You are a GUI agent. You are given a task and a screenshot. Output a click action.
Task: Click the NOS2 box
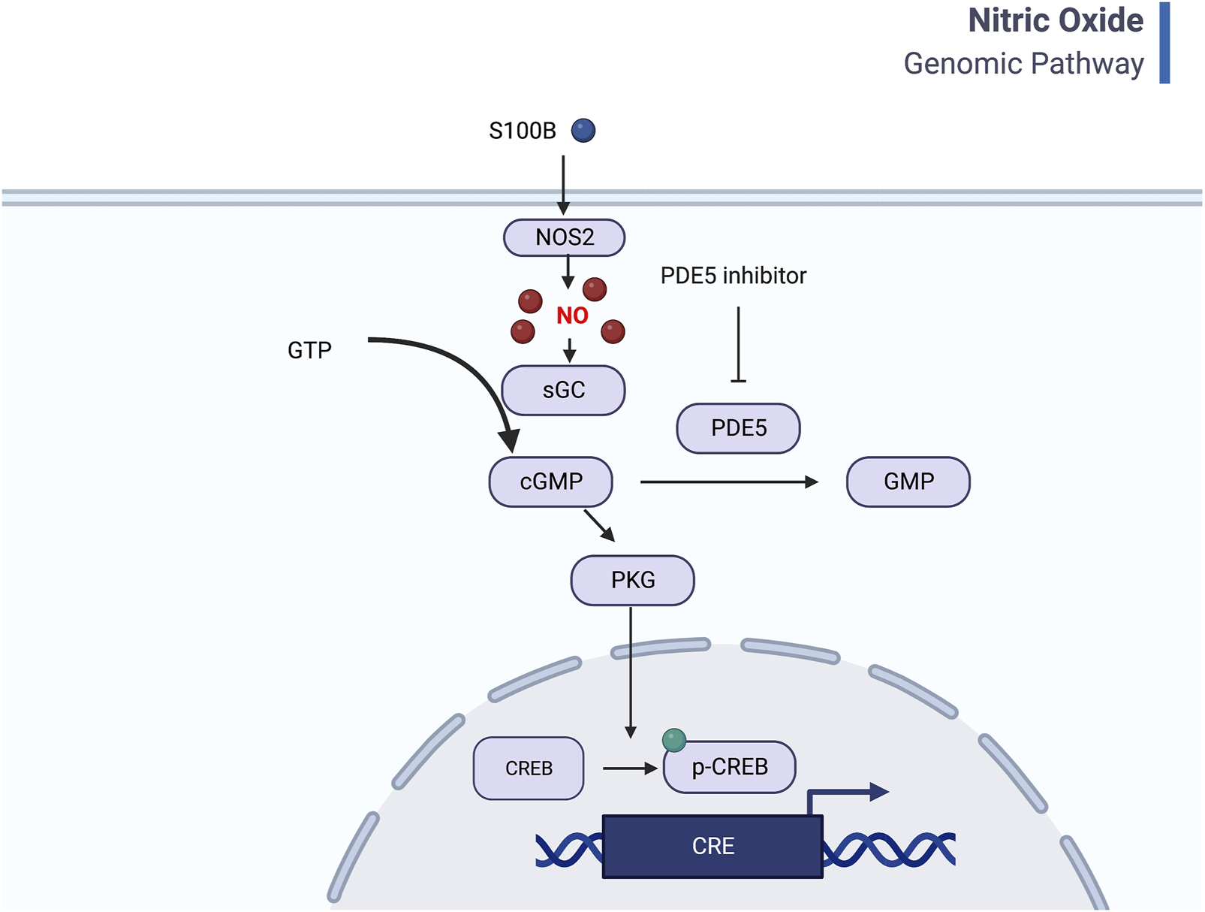pyautogui.click(x=564, y=237)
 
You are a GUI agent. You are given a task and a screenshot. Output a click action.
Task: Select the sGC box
pyautogui.click(x=563, y=390)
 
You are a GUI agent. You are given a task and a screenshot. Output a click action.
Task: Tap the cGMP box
pyautogui.click(x=550, y=482)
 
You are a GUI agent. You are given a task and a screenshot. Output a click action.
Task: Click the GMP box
pyautogui.click(x=908, y=482)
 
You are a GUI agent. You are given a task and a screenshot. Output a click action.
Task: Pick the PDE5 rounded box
pyautogui.click(x=738, y=428)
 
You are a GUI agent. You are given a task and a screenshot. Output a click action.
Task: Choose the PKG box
pyautogui.click(x=632, y=580)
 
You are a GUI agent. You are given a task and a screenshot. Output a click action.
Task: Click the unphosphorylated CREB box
pyautogui.click(x=529, y=768)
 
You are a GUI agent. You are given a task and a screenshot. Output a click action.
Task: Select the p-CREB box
pyautogui.click(x=730, y=767)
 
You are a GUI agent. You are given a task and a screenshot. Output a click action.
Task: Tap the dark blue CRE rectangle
pyautogui.click(x=712, y=846)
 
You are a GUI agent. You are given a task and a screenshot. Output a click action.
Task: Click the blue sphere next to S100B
pyautogui.click(x=583, y=131)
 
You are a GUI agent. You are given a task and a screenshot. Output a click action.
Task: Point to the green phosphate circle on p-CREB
pyautogui.click(x=673, y=740)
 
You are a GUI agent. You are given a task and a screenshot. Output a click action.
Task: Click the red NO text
pyautogui.click(x=572, y=316)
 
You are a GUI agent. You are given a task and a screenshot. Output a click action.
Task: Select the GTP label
pyautogui.click(x=309, y=350)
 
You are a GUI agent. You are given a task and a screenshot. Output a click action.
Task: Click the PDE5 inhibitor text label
pyautogui.click(x=733, y=276)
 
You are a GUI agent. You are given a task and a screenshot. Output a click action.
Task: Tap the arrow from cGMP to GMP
pyautogui.click(x=728, y=482)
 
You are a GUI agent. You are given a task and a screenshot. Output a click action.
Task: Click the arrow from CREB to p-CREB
pyautogui.click(x=629, y=768)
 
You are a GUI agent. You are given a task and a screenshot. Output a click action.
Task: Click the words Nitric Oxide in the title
pyautogui.click(x=1055, y=20)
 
